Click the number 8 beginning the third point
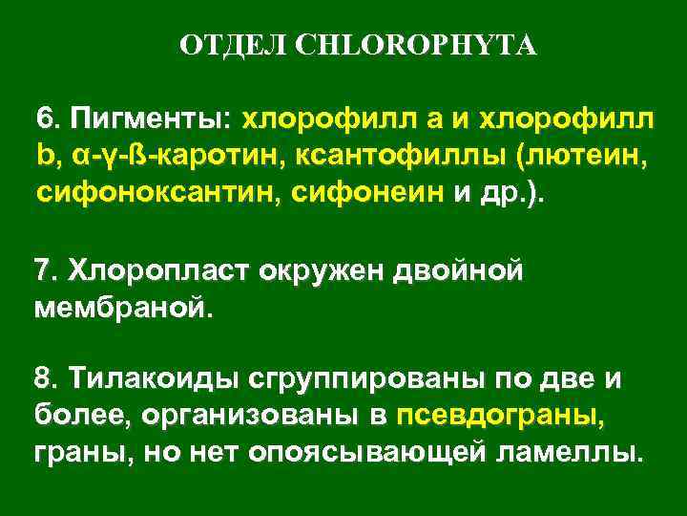coord(41,380)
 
